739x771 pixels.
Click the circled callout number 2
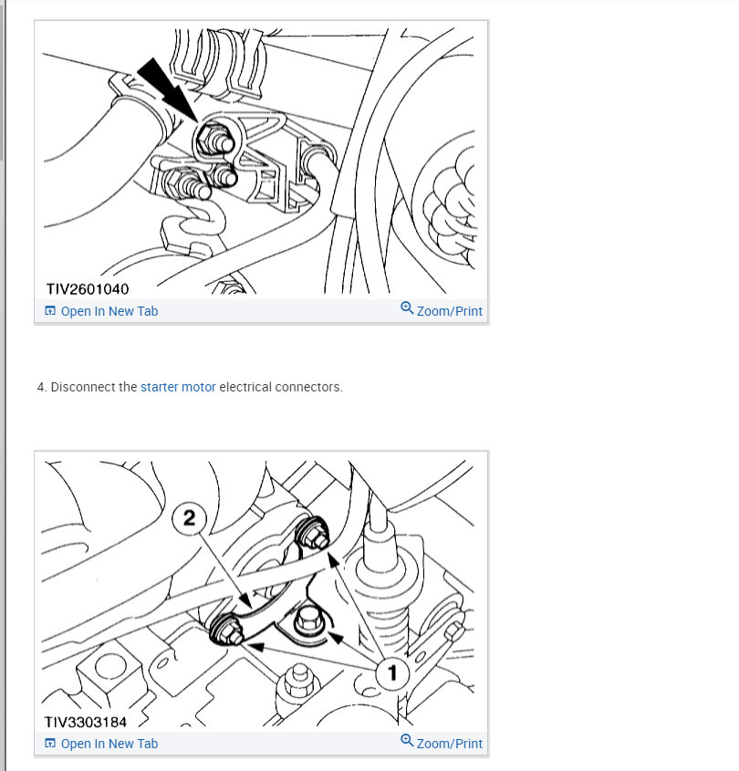tap(189, 517)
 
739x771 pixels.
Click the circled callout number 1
tap(392, 673)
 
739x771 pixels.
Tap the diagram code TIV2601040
tap(88, 288)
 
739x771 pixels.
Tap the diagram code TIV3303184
tap(86, 722)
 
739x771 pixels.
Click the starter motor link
tap(178, 387)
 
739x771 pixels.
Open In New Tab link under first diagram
tap(101, 311)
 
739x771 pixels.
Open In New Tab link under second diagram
tap(101, 744)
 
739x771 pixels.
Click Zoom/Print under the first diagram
tap(442, 311)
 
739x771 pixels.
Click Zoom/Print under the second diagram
tap(442, 743)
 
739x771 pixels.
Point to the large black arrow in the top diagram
tap(167, 89)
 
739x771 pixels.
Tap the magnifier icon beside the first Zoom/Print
tap(407, 308)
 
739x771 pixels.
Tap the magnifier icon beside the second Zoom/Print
tap(407, 741)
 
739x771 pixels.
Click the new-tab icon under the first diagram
tap(50, 311)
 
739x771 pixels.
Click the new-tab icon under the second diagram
tap(50, 743)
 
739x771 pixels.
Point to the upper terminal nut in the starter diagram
tap(312, 534)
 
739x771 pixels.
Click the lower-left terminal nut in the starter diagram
tap(226, 630)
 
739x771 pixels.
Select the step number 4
tap(42, 387)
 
